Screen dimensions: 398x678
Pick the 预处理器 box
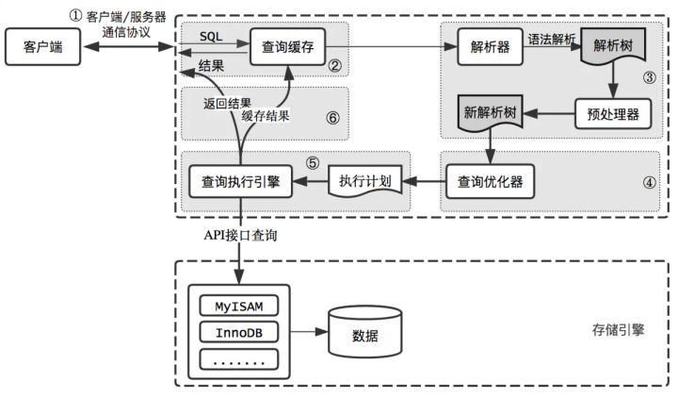pos(606,114)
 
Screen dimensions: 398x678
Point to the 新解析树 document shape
pos(490,112)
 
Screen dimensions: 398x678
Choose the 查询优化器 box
pos(490,180)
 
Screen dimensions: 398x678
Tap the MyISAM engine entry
pos(240,307)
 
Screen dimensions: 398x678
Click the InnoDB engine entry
pos(240,333)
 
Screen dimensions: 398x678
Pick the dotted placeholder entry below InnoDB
pos(240,359)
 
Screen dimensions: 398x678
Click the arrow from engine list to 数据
pos(306,333)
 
